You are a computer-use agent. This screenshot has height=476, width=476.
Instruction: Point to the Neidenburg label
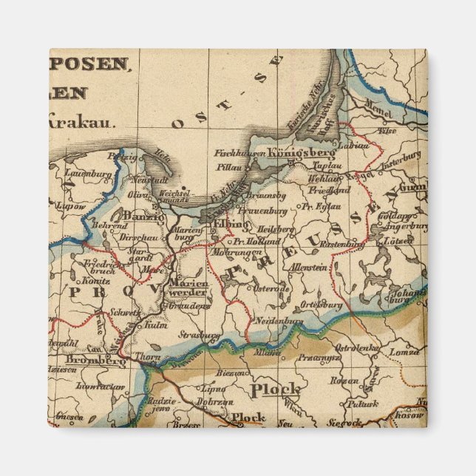pyautogui.click(x=279, y=322)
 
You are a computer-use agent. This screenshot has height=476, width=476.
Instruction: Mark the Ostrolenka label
pyautogui.click(x=357, y=347)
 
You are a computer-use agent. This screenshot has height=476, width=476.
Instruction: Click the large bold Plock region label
pyautogui.click(x=275, y=389)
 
